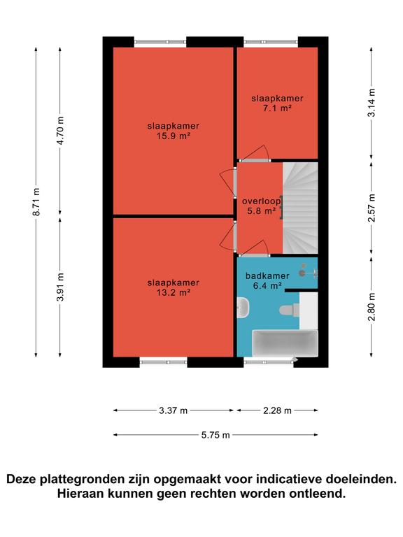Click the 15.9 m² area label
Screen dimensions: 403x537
[174, 136]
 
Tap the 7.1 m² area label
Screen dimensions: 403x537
[277, 108]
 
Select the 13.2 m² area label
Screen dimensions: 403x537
[174, 293]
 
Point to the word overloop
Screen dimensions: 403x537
[261, 201]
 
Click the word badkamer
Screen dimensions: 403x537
[267, 275]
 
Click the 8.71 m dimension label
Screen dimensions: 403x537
[36, 202]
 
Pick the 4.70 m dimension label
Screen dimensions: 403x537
[60, 131]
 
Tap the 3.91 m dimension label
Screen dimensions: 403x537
[60, 287]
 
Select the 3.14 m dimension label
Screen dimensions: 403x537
[372, 103]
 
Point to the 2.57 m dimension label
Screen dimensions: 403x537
[372, 208]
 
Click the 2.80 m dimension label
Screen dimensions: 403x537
[372, 307]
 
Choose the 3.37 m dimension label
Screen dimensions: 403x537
[173, 410]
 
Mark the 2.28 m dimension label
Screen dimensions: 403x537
[277, 410]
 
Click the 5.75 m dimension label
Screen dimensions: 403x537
[215, 436]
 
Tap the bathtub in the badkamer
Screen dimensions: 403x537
[285, 343]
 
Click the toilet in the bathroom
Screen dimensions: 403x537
[290, 310]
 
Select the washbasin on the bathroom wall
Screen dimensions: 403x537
[243, 308]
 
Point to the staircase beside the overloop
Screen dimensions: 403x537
[300, 208]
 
